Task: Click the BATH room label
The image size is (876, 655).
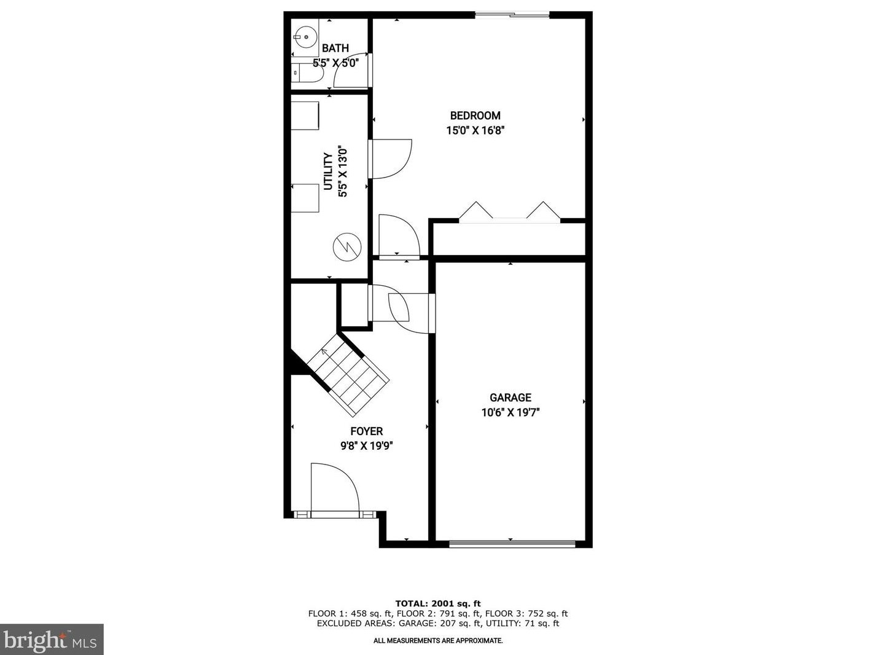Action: point(335,48)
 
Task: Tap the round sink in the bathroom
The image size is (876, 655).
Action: point(304,36)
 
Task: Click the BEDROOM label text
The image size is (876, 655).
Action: point(475,116)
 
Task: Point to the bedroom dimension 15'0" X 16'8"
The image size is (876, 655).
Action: point(475,130)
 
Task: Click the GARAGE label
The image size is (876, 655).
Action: point(510,398)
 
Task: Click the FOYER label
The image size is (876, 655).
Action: point(367,431)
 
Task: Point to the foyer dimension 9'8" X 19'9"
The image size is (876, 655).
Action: point(367,447)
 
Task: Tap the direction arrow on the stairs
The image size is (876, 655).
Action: point(324,353)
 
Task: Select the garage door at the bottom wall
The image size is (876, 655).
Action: point(512,543)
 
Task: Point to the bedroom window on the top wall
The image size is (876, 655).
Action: point(512,15)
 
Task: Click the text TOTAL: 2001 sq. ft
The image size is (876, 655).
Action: point(437,603)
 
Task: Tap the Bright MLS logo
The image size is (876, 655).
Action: point(52,640)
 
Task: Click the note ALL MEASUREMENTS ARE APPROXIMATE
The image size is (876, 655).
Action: point(438,641)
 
